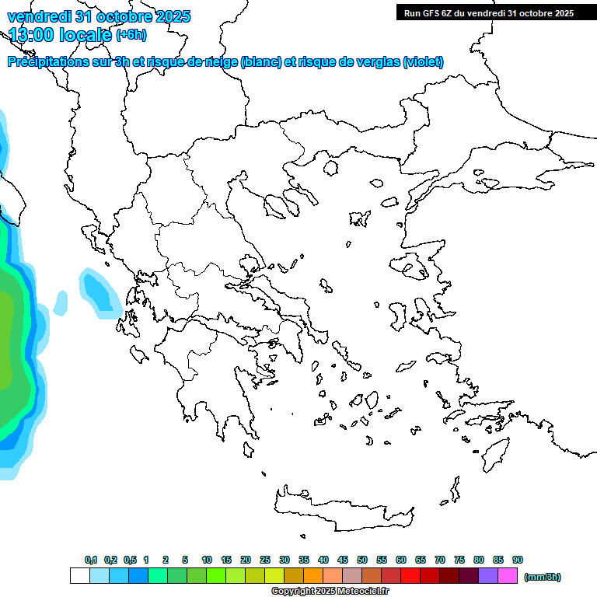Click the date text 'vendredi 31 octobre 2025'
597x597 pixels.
click(99, 17)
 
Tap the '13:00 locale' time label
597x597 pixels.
click(61, 35)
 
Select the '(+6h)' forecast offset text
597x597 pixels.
click(131, 35)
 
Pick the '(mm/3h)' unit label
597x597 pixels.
click(543, 577)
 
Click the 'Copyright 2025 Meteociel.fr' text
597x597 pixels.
click(330, 592)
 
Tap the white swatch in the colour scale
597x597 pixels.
click(79, 576)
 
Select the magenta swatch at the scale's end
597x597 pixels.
click(508, 576)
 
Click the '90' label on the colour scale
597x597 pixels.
click(518, 560)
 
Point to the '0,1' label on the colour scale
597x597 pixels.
click(90, 560)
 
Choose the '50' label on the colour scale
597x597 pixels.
click(362, 560)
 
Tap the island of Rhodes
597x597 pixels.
click(494, 452)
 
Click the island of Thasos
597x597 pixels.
click(330, 169)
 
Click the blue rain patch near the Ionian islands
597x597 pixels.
click(99, 292)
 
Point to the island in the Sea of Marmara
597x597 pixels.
click(489, 184)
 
